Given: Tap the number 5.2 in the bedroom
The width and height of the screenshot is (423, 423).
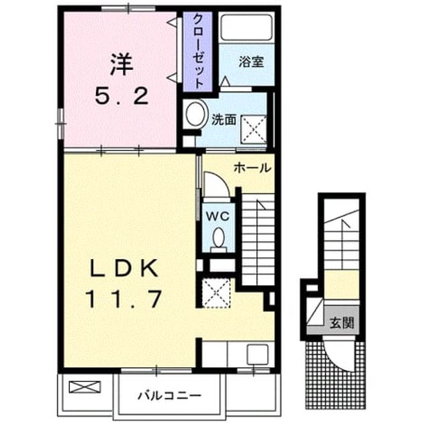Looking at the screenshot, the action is (122, 97).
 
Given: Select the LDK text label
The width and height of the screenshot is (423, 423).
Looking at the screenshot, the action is (124, 268).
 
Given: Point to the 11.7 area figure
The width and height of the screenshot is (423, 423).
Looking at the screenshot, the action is (124, 299).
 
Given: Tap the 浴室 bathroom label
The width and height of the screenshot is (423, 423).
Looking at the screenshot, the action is (251, 62).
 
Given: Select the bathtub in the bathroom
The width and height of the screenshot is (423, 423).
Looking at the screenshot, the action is (246, 28).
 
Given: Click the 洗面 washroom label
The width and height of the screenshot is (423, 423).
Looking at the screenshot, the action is (224, 120).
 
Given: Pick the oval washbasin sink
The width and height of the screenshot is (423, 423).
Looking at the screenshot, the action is (196, 113).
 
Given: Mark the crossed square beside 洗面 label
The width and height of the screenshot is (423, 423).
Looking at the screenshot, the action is (254, 129).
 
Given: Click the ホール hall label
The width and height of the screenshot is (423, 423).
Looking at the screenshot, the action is (252, 168).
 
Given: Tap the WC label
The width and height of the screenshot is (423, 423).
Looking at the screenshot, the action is (218, 216).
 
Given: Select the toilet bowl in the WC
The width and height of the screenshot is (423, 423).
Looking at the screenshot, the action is (218, 240).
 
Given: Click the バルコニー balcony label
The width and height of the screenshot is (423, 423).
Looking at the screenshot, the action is (170, 395).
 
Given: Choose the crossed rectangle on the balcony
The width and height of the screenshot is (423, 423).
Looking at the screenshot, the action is (85, 387).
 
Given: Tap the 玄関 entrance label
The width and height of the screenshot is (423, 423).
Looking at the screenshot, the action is (342, 323).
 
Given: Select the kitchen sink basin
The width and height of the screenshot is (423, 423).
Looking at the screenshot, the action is (257, 354).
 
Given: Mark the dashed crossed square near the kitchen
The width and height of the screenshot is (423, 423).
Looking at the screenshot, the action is (216, 293).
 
